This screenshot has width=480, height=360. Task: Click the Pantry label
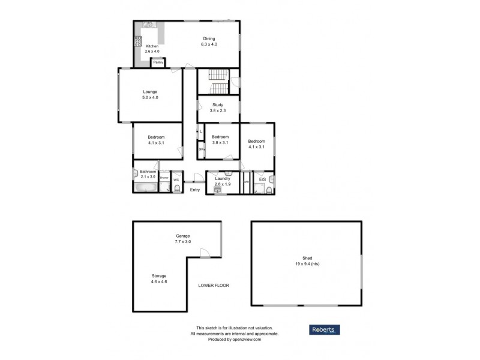click(x=158, y=62)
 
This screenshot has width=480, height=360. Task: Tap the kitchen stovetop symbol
click(x=138, y=41)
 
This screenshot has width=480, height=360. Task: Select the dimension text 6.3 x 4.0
click(x=209, y=44)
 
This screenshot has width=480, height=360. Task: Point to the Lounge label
click(x=150, y=92)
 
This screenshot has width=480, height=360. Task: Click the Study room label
click(x=218, y=105)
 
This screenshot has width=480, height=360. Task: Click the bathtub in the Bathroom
click(x=145, y=187)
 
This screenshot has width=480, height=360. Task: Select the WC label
click(x=176, y=179)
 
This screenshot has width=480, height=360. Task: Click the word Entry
click(x=195, y=190)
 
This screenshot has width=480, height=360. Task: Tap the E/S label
click(x=262, y=179)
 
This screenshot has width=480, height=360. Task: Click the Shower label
click(x=164, y=178)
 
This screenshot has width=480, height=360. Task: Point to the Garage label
click(x=183, y=236)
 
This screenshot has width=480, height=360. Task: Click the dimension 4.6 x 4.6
click(x=159, y=281)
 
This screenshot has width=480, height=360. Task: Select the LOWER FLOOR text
click(x=214, y=285)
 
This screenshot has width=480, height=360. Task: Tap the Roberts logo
click(x=325, y=329)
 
